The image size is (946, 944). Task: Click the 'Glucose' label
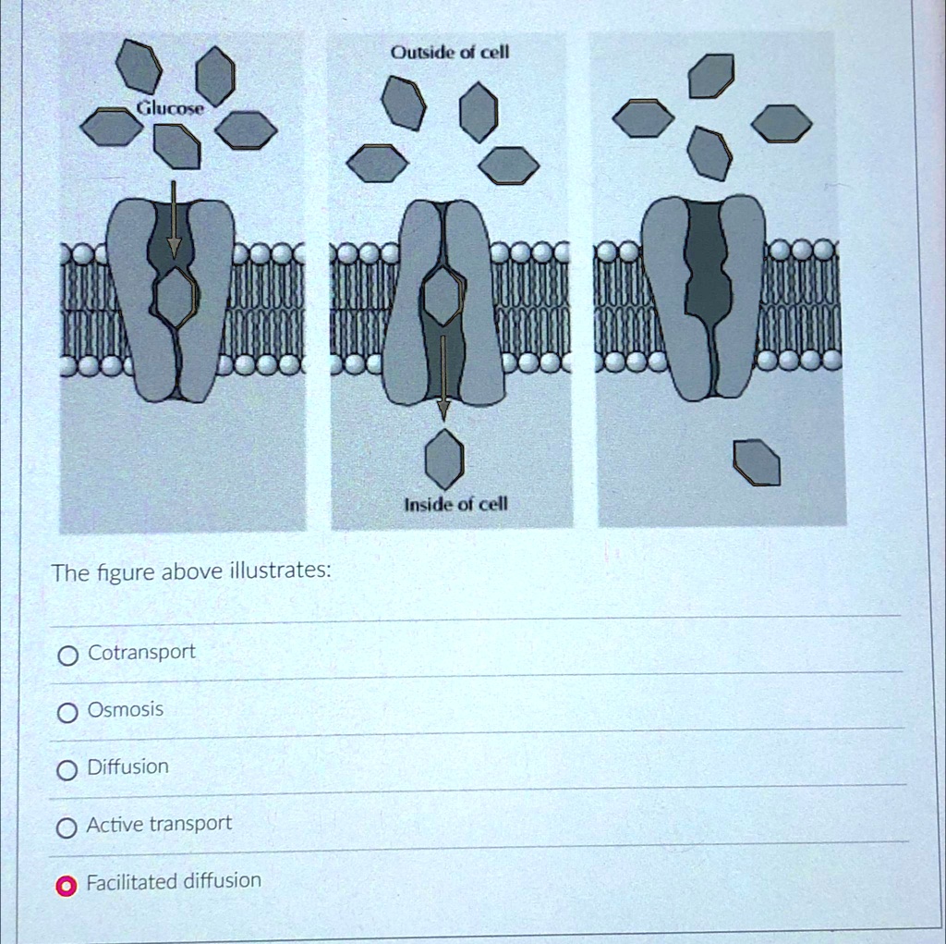(x=171, y=109)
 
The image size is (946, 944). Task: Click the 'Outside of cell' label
(x=450, y=53)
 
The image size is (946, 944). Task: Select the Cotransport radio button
(x=67, y=656)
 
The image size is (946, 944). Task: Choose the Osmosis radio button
(x=67, y=713)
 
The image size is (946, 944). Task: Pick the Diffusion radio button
(x=67, y=770)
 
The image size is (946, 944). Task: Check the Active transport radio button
(x=67, y=828)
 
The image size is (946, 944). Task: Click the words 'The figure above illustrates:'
(x=190, y=572)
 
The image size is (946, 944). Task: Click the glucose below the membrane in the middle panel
(x=444, y=460)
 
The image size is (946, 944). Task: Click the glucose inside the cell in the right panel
(x=757, y=463)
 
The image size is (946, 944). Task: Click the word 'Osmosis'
(x=125, y=710)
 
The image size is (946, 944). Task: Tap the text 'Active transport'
(x=159, y=824)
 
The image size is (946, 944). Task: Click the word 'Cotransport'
(x=141, y=653)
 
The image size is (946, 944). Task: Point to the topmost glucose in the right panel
(x=711, y=76)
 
